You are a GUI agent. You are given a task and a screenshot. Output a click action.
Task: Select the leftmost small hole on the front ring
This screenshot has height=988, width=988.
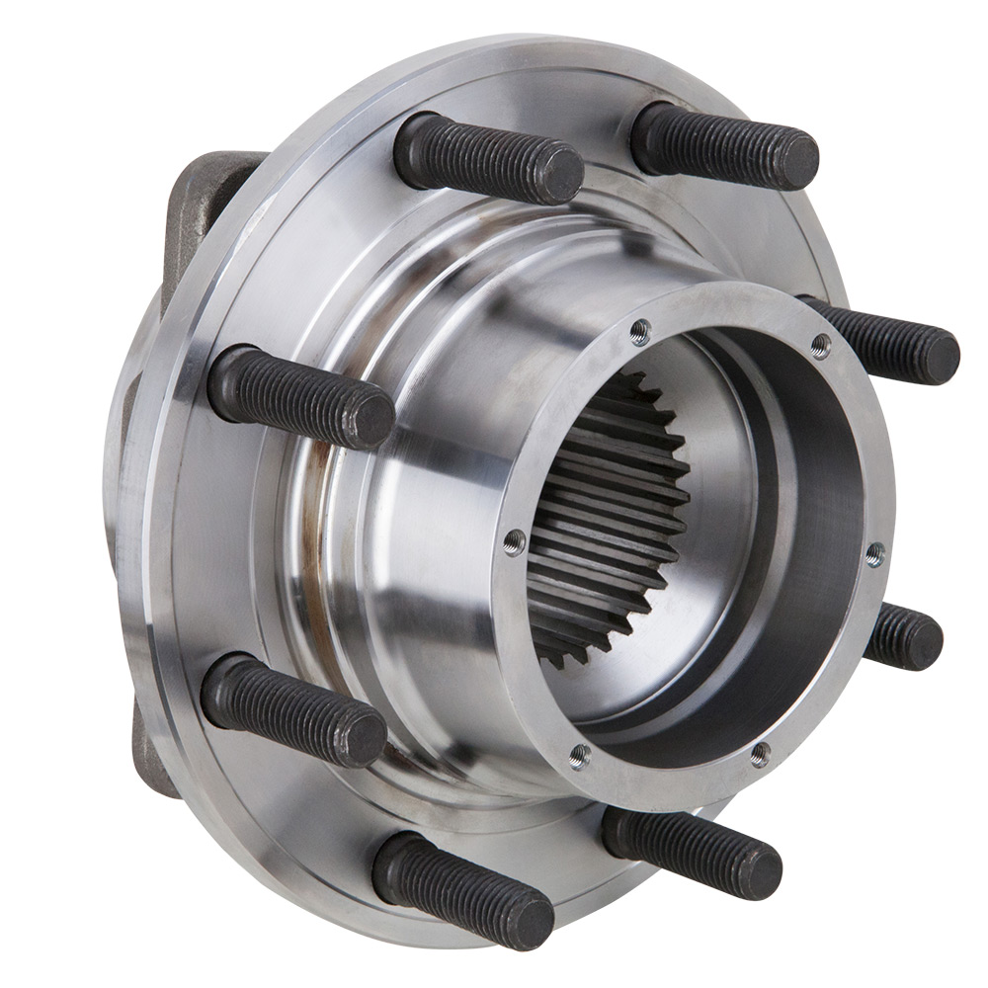pos(515,540)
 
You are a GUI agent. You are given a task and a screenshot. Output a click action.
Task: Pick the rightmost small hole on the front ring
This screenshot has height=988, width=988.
pos(873,555)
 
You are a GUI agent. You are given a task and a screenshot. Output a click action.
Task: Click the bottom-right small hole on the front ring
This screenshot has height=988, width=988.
pos(760,755)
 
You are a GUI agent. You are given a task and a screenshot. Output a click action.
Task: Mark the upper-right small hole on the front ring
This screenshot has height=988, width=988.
pos(819,345)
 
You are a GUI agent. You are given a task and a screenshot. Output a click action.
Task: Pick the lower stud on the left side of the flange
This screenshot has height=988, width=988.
pos(292,710)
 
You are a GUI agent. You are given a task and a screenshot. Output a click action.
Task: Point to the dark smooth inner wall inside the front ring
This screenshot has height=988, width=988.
pos(790,553)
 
